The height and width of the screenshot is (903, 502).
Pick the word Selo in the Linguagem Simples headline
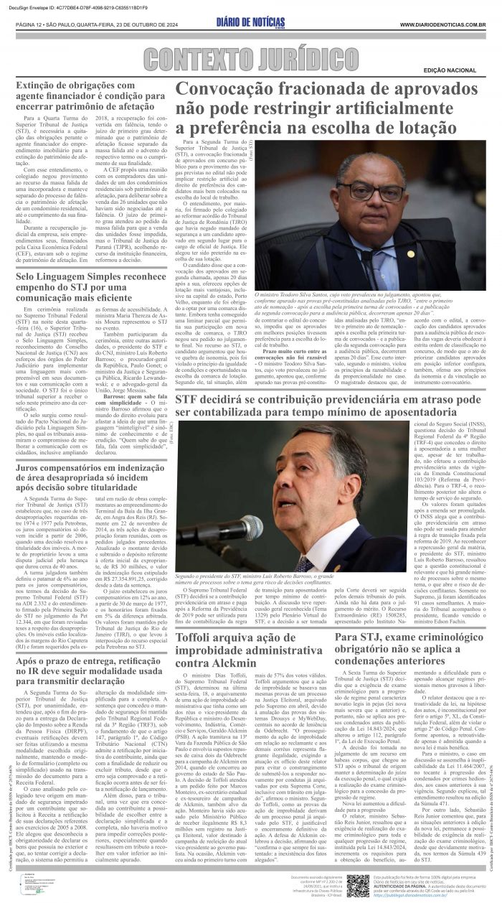click(x=29, y=277)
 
